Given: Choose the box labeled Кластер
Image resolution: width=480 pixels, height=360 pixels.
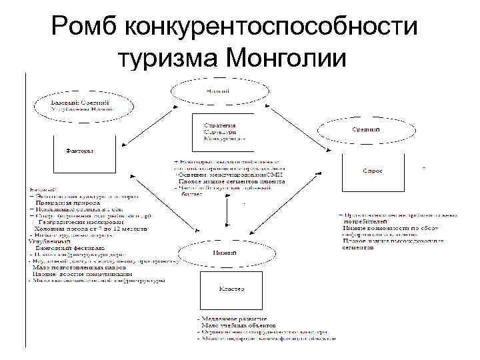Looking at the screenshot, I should coord(231,291).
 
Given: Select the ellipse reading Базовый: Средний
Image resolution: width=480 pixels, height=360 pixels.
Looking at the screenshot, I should coord(81,105).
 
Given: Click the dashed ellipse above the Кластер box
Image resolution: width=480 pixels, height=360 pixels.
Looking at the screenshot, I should coord(219,254).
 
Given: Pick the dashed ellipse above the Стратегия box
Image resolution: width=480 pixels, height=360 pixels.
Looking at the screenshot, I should coord(213,90).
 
